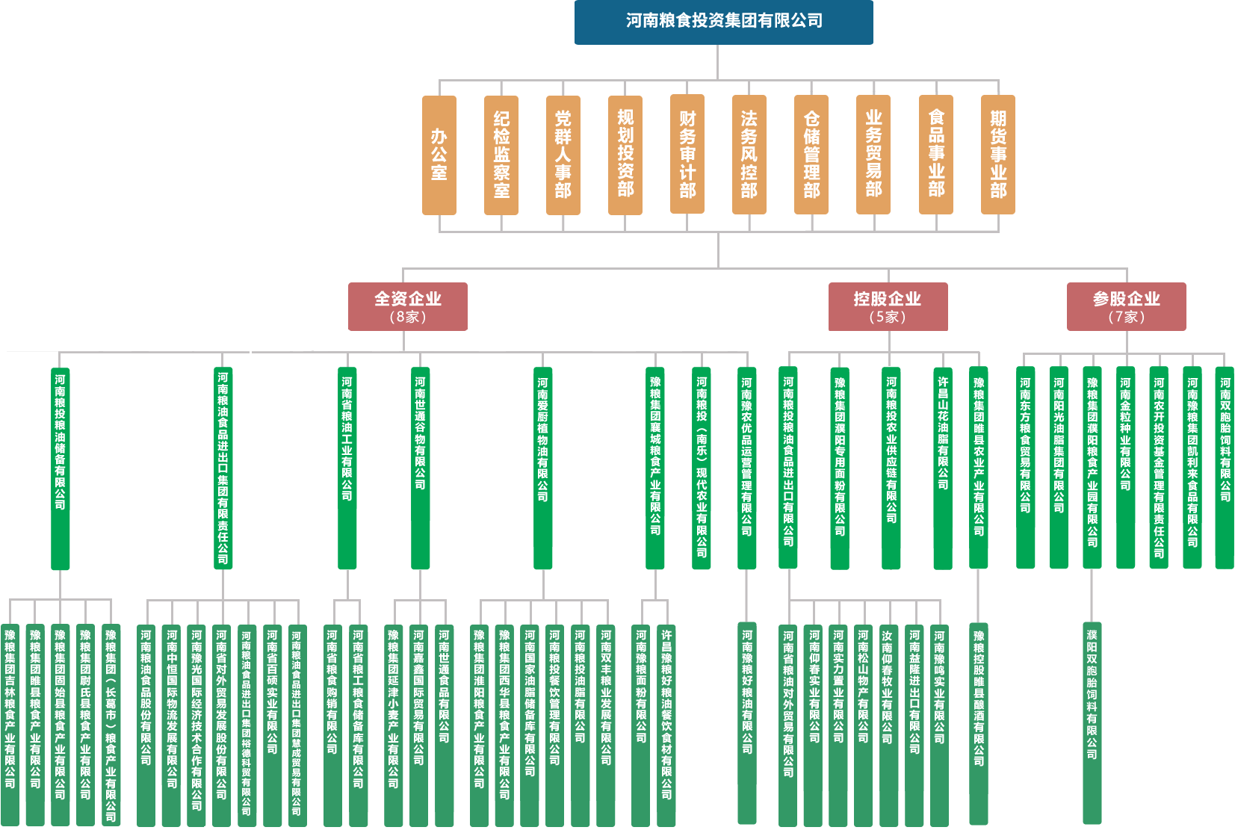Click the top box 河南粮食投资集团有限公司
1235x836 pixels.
(x=723, y=22)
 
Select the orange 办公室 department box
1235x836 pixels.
(x=439, y=155)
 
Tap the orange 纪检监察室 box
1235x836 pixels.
(x=501, y=155)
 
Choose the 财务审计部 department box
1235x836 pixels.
(x=687, y=154)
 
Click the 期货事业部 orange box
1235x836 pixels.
(x=998, y=154)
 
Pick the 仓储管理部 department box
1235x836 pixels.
(x=811, y=154)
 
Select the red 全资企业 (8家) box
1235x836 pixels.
(x=408, y=306)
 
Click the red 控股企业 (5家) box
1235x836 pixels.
(x=888, y=306)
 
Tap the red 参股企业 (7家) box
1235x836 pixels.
(x=1126, y=306)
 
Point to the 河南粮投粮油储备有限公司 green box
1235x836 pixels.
(x=61, y=468)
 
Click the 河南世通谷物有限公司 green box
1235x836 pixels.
(x=421, y=468)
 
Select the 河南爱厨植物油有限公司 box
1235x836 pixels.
(x=543, y=468)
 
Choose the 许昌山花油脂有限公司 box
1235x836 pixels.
(x=943, y=468)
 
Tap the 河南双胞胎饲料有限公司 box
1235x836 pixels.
(x=1225, y=468)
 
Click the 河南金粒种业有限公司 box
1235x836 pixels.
(x=1125, y=468)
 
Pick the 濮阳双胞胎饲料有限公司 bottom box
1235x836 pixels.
(x=1092, y=722)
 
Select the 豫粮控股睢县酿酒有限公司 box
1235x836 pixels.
(x=979, y=722)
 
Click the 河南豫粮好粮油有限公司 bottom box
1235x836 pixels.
(x=747, y=722)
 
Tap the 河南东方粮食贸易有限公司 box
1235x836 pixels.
(x=1026, y=468)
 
